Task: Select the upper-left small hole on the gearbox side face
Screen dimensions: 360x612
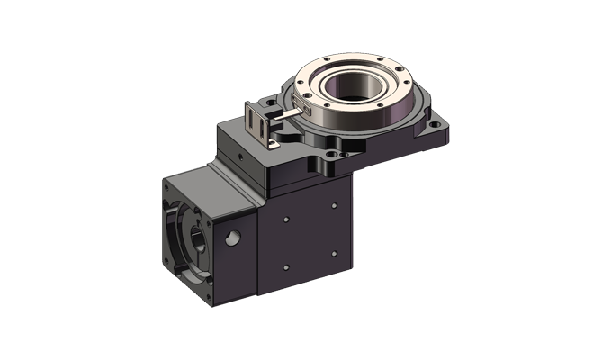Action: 285,219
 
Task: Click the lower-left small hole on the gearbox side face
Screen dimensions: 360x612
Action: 285,266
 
